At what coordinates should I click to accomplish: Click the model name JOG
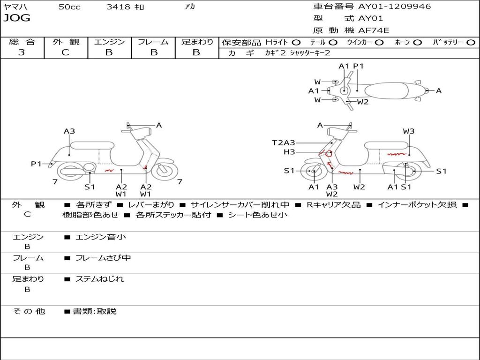coord(17,18)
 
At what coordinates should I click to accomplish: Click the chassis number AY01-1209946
coord(395,7)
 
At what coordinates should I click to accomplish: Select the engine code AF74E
coord(374,30)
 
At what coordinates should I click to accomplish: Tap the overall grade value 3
coord(22,52)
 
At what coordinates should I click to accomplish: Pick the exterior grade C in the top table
coord(66,52)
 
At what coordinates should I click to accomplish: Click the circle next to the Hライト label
coord(296,43)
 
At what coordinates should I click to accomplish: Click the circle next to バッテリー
coord(471,43)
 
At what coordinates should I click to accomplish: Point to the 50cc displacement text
coord(69,7)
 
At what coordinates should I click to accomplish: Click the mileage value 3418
coord(118,7)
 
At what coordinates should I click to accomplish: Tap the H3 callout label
coord(289,152)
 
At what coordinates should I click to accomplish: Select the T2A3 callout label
coord(284,142)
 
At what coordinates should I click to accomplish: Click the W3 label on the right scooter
coord(409,131)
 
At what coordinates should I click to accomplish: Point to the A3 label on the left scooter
coord(69,131)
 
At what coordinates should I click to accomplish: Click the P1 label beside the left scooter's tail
coord(36,164)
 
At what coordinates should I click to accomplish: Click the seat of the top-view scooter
coord(386,91)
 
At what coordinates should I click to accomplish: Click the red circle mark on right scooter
coord(329,154)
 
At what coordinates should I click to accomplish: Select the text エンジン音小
coord(101,237)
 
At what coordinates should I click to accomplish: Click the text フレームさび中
coord(103,258)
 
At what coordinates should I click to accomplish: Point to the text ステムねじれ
coord(100,279)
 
